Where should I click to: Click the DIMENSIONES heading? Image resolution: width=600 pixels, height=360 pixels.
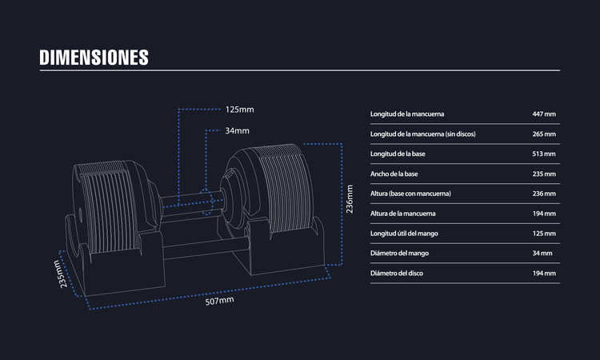94,57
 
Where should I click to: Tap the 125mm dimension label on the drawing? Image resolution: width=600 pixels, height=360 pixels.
239,110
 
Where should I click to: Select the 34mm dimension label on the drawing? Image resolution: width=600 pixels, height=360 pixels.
237,130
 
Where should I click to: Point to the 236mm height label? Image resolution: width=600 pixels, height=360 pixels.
349,196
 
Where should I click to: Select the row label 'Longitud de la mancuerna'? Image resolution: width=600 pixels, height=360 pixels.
413,114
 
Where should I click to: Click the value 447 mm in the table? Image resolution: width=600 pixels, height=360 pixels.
544,114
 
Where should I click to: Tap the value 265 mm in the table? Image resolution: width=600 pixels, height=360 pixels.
544,134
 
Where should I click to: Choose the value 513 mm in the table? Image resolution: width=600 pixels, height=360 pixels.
544,154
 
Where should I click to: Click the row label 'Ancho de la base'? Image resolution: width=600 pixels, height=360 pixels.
397,174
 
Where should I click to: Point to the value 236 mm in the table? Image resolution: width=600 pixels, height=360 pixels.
544,194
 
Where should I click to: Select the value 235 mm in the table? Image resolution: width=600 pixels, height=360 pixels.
544,174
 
